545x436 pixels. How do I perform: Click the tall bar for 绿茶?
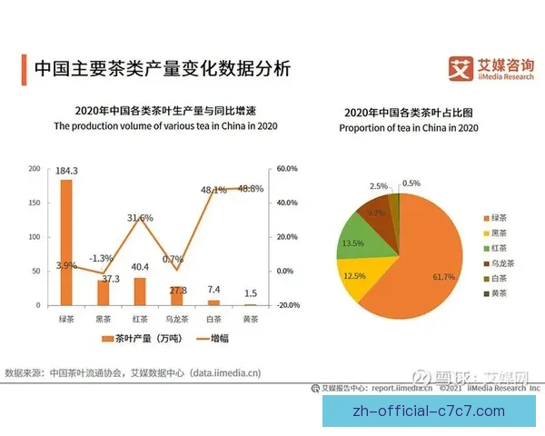pyautogui.click(x=66, y=242)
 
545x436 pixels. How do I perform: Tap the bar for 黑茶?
pyautogui.click(x=103, y=292)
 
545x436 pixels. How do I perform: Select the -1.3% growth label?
pyautogui.click(x=102, y=258)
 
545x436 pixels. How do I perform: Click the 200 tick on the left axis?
pyautogui.click(x=35, y=169)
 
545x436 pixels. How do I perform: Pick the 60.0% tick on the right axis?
pyautogui.click(x=287, y=169)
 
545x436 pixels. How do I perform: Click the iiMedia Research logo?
pyautogui.click(x=489, y=67)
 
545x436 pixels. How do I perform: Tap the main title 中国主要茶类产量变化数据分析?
pyautogui.click(x=162, y=69)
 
